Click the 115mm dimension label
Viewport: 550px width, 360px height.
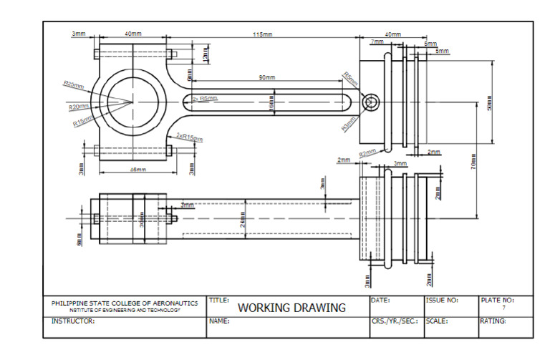[262, 34]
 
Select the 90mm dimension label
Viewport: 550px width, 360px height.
[266, 77]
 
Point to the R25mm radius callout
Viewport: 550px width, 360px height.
[73, 84]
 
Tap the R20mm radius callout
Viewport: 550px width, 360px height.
[77, 107]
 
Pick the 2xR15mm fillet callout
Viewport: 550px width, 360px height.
[189, 136]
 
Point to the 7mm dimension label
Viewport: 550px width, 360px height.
[377, 43]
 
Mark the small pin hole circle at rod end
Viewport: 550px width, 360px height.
[370, 103]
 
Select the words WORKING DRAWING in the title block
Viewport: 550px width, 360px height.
[291, 308]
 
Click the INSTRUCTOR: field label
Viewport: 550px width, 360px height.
[73, 322]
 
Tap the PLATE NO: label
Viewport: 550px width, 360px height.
[496, 300]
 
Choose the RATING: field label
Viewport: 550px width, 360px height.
[493, 322]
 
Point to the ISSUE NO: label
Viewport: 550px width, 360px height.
[442, 300]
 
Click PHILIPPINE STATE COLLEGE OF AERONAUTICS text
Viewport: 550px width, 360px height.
[125, 303]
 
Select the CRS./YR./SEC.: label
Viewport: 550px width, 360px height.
[395, 322]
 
